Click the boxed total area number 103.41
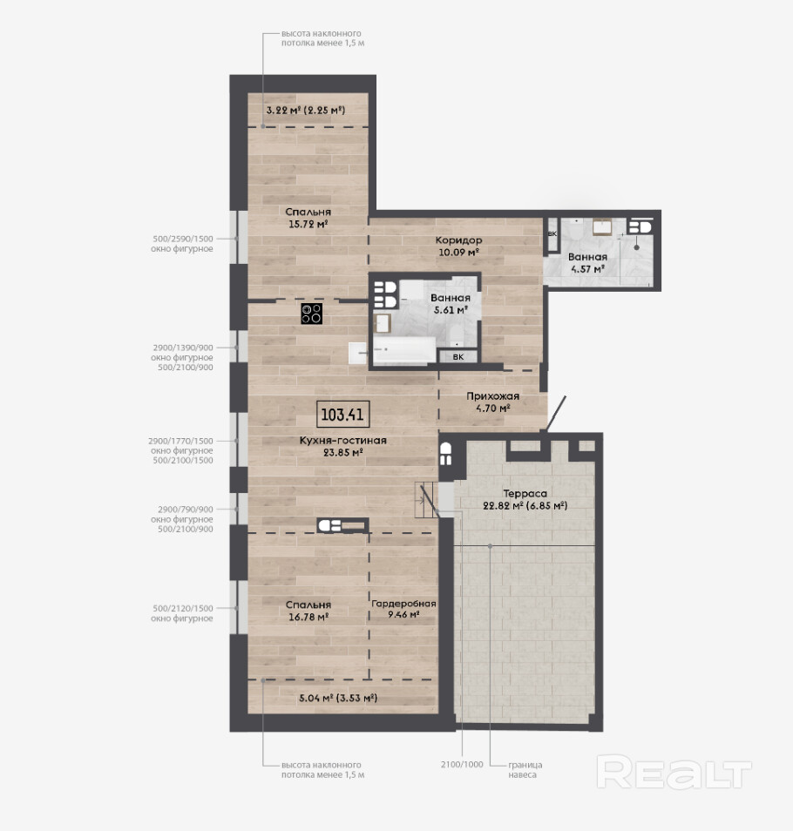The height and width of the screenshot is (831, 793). [343, 414]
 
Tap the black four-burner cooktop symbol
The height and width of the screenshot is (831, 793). [312, 314]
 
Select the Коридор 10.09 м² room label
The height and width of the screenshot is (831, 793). [458, 246]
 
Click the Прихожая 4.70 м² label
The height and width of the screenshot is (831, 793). [493, 402]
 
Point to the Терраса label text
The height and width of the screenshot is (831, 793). [525, 493]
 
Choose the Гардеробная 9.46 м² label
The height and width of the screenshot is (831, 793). [403, 609]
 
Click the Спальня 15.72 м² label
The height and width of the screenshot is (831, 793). [308, 218]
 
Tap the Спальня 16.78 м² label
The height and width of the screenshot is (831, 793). [308, 611]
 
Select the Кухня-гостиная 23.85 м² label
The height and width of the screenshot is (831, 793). [343, 446]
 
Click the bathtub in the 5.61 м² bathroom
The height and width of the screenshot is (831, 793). [404, 350]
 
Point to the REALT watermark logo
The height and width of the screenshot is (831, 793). [674, 772]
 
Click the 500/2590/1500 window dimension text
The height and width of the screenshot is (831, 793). [183, 239]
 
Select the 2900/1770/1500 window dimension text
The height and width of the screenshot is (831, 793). [180, 441]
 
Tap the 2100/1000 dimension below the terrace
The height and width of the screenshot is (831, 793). [462, 764]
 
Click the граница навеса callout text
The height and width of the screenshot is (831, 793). [525, 769]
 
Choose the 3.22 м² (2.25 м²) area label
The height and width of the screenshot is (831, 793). [306, 111]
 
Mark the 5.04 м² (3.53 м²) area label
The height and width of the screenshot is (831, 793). [338, 698]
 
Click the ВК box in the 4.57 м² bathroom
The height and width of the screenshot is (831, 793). [552, 234]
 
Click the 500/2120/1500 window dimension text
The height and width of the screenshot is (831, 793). [183, 608]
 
